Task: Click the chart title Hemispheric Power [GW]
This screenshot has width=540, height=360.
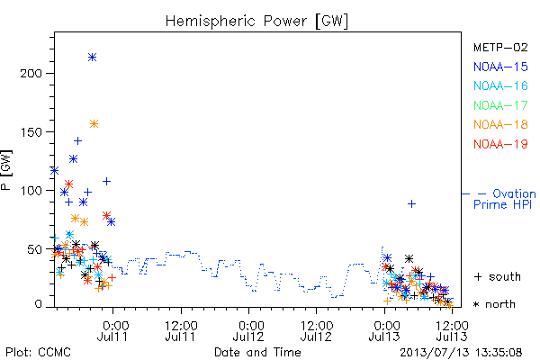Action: point(256,22)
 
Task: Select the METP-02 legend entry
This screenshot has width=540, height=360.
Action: point(500,47)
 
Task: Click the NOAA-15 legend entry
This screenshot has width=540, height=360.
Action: point(500,67)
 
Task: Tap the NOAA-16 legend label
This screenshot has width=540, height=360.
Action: point(500,85)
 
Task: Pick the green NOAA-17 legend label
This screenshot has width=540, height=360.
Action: point(500,105)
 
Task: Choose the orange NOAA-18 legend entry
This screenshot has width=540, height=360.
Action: point(500,124)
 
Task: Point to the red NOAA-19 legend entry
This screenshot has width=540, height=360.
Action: point(500,144)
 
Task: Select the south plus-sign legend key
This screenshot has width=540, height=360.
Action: point(478,276)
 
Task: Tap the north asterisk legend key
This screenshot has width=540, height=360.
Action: point(476,304)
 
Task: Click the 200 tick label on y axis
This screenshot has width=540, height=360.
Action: point(31,74)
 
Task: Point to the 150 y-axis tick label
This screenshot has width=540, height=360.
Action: point(31,132)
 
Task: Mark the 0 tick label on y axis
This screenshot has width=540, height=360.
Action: point(38,304)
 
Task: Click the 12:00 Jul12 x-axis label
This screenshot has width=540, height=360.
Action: point(316,331)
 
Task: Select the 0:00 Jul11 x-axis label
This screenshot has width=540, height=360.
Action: point(112,331)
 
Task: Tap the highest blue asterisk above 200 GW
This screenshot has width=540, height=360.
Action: point(92,58)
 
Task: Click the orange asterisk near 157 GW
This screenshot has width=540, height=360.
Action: point(94,123)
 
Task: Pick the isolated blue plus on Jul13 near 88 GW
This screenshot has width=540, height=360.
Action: point(411,204)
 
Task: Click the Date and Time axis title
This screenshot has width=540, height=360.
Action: point(257,353)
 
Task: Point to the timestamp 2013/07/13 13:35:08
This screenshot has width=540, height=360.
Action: point(461,353)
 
